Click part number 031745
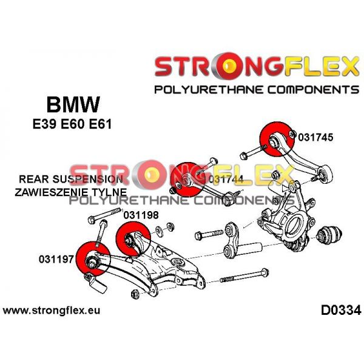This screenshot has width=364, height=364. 315,137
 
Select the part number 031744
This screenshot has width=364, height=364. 226,179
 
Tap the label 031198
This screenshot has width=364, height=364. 141,215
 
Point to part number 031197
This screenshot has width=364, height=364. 56,259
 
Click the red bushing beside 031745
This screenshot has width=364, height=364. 277,139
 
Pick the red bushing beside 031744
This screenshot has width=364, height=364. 187,180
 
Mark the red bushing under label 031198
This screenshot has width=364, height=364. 133,239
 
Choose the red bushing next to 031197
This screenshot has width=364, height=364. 93,259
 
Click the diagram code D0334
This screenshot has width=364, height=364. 341,311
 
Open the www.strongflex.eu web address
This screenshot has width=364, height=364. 52,311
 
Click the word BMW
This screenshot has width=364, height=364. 73,104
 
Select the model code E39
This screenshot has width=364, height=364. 44,124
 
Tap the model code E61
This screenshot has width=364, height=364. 100,124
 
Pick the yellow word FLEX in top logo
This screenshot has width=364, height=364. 322,66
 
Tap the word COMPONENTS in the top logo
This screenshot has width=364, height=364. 314,90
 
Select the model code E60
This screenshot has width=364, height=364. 72,124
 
